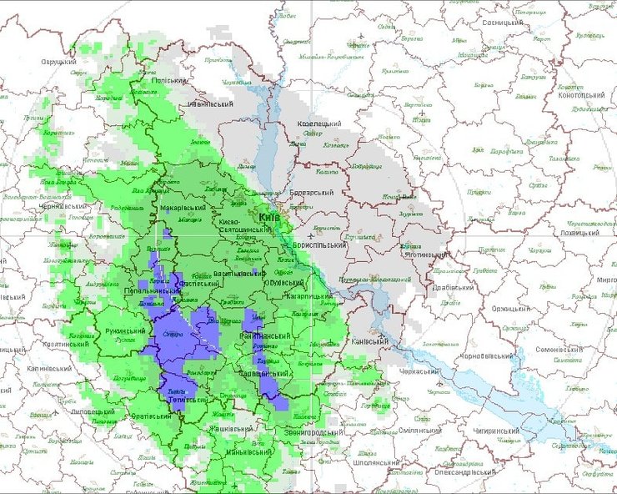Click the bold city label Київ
click(268, 218)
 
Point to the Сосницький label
click(504, 23)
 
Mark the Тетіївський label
click(188, 400)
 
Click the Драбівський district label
click(454, 289)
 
